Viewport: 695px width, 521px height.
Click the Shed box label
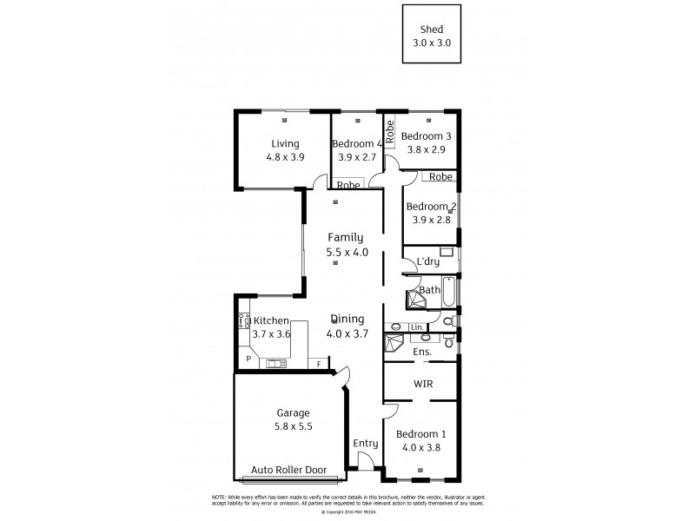click(432, 29)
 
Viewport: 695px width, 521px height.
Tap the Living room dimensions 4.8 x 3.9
click(285, 157)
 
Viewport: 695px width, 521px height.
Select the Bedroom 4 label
click(357, 144)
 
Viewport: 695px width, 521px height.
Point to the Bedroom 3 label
click(426, 136)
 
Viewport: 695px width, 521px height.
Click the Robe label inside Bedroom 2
click(440, 177)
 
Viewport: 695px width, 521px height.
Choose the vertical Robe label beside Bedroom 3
click(391, 131)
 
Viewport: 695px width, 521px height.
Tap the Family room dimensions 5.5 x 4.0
click(347, 252)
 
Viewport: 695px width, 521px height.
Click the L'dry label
click(427, 261)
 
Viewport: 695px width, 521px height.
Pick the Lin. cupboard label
click(416, 326)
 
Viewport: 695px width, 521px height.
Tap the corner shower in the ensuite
click(395, 342)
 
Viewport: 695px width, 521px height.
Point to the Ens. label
click(422, 352)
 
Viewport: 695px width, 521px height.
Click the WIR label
click(424, 383)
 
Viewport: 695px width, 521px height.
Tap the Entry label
click(365, 443)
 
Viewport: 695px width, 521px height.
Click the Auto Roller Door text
click(288, 470)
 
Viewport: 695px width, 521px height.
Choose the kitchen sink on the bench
click(277, 363)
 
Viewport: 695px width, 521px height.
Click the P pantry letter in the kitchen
click(248, 359)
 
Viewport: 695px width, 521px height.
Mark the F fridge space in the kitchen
click(319, 363)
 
